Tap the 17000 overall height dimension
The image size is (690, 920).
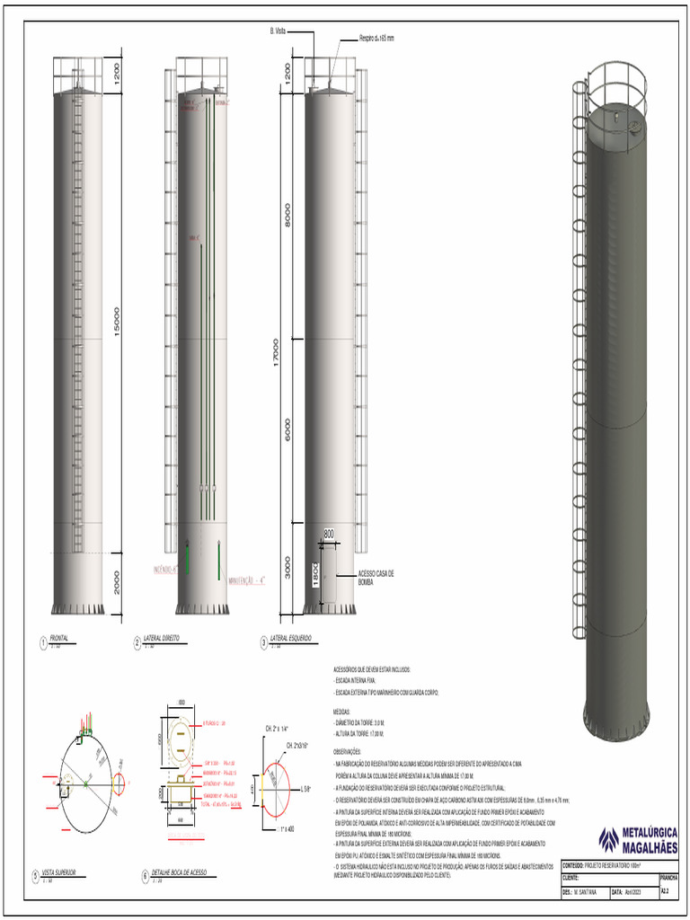(276, 352)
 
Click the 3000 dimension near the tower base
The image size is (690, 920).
(287, 568)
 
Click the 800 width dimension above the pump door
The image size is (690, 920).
(328, 534)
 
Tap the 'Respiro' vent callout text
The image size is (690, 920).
(376, 39)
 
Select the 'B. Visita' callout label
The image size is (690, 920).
(279, 31)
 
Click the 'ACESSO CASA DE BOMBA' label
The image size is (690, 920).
(376, 577)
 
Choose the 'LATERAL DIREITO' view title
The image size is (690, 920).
(162, 638)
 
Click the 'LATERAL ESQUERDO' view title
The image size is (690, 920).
(290, 638)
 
